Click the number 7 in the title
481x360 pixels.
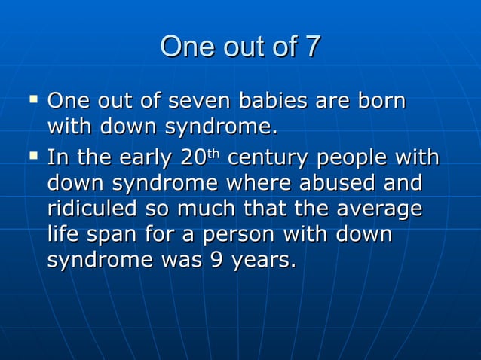[311, 47]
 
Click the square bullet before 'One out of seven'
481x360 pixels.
[32, 99]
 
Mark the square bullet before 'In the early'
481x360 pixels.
[32, 157]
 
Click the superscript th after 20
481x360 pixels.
[213, 155]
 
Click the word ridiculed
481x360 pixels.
[95, 210]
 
